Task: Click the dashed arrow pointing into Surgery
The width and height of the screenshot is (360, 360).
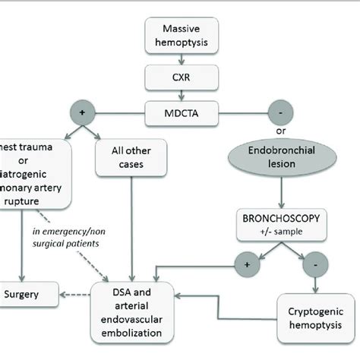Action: [73, 292]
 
